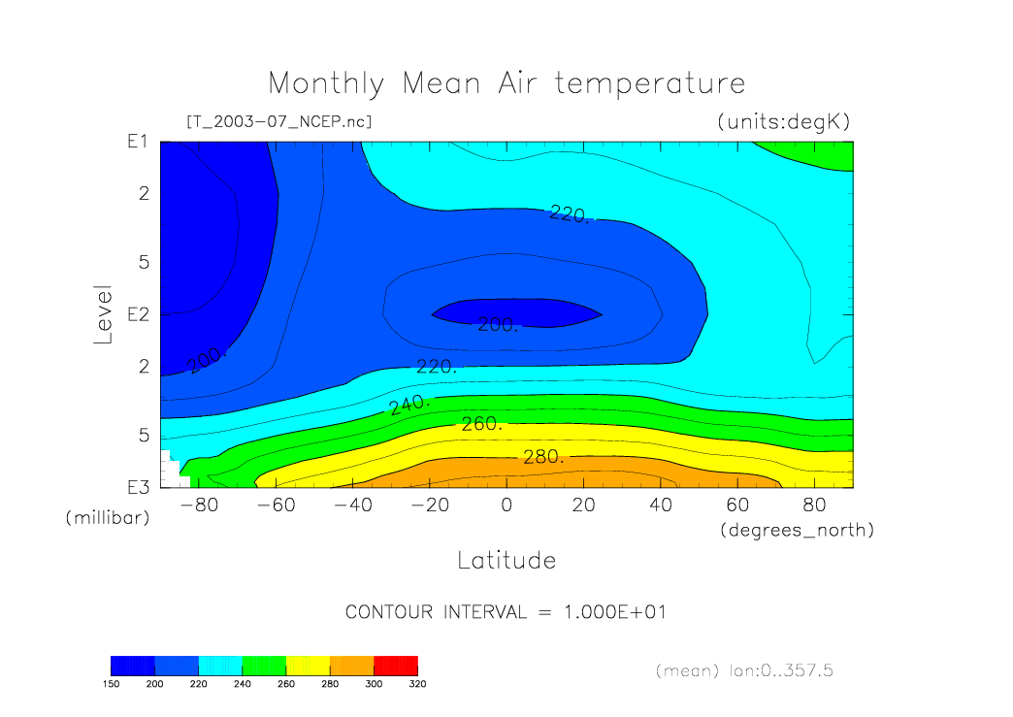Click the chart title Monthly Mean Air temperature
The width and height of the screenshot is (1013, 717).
click(x=506, y=83)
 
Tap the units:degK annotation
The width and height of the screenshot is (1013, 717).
click(x=783, y=122)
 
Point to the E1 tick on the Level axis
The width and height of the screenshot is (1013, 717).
click(x=137, y=142)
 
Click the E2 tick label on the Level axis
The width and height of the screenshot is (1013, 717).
click(x=137, y=315)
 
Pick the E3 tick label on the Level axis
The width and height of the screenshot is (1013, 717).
click(x=137, y=487)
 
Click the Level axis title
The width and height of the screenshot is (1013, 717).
click(x=105, y=314)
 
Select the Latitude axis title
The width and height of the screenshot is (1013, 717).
click(x=506, y=560)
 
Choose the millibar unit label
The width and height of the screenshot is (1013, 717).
click(x=108, y=518)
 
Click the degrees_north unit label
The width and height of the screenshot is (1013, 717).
click(x=798, y=530)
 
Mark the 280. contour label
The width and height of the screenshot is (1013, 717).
click(x=543, y=457)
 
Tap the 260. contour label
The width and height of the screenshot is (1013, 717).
click(x=481, y=424)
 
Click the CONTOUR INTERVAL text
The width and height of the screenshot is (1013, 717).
click(x=506, y=612)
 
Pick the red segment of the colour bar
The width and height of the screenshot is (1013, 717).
click(x=395, y=665)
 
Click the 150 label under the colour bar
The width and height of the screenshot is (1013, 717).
click(x=111, y=683)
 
